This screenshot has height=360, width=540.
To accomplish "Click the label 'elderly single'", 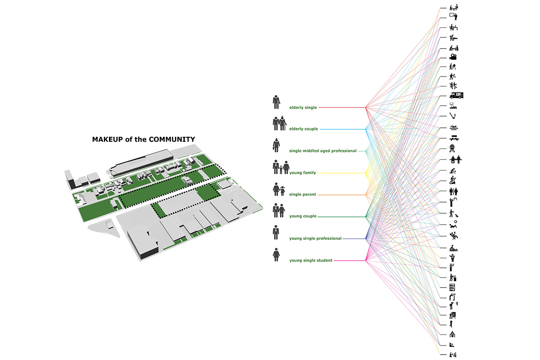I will point(303,108).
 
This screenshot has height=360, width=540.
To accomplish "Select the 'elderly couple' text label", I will point(304,129).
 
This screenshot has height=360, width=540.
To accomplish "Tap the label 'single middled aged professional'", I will point(323,151).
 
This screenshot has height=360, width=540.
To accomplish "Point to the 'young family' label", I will point(303,173).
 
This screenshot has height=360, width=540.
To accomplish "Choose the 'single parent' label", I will point(303,194).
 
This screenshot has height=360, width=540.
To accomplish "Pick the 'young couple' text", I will point(303,216).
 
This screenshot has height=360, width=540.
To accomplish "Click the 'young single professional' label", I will point(315,238).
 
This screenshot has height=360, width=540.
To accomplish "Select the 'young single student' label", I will point(311,260).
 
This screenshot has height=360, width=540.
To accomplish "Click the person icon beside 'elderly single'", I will point(276,102).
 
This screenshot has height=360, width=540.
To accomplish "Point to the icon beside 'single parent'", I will point(279,189).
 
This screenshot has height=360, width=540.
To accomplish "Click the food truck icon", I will point(456,95).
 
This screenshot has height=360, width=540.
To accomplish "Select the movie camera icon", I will point(454,57).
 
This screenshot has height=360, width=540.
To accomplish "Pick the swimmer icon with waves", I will point(454,128).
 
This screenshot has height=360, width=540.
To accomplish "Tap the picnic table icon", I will point(454,138).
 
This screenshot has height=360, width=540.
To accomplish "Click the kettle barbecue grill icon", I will point(453,148).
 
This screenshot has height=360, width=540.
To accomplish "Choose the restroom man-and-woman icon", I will point(454,192).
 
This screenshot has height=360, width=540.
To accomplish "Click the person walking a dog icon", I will point(454,214).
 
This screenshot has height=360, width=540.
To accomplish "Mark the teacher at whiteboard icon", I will point(454,16).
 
